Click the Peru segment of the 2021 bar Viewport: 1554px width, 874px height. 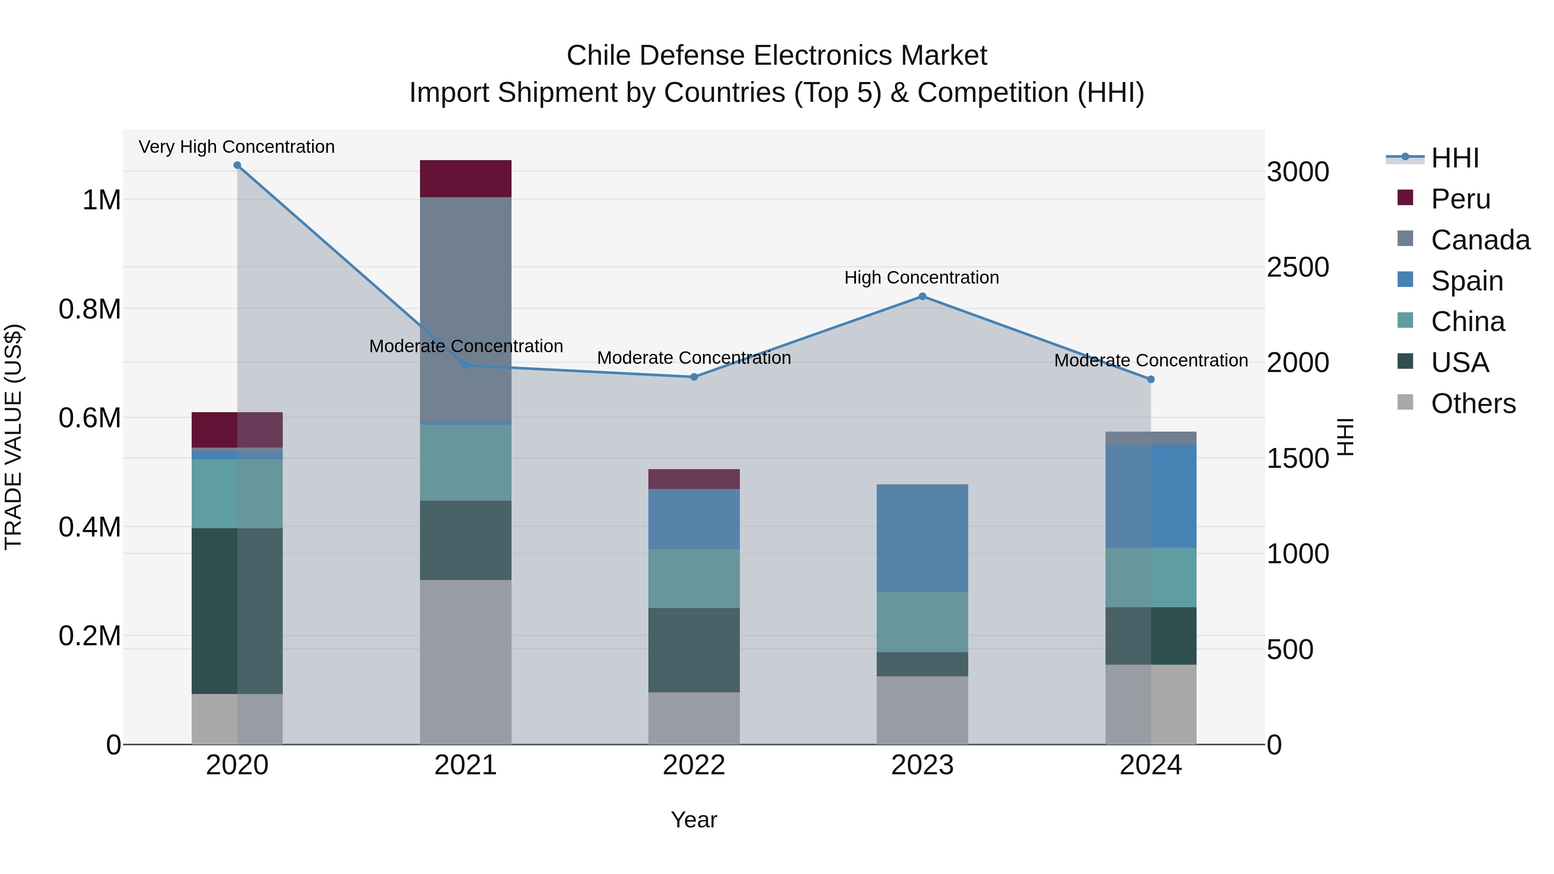(465, 179)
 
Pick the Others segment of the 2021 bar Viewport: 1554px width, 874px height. (465, 662)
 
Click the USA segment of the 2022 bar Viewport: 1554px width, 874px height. (694, 650)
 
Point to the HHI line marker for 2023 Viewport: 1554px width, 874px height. (922, 296)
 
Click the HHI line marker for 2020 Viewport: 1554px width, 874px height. (237, 165)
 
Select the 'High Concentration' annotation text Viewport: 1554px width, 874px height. (921, 278)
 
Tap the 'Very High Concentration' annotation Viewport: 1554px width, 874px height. (237, 147)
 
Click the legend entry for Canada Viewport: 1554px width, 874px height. (1480, 240)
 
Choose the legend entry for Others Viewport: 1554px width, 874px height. (1472, 404)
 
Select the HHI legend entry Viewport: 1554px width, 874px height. (1454, 158)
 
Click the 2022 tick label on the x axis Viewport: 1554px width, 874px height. (694, 765)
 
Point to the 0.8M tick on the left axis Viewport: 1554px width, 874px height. (89, 309)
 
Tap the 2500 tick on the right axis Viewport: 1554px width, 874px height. (1298, 267)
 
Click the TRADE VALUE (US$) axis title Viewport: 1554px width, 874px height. (13, 437)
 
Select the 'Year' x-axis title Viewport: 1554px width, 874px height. (694, 820)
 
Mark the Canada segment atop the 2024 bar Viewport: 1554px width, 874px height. (1150, 438)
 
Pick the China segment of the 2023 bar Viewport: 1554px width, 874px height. (922, 622)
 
